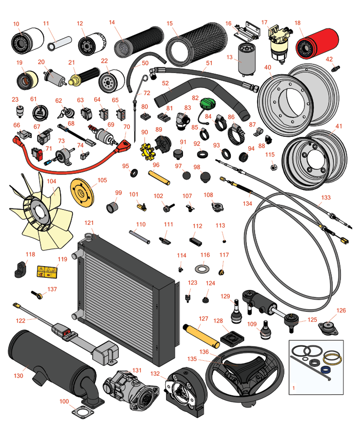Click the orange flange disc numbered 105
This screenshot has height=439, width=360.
click(x=83, y=190)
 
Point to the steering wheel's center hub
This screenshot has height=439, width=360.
click(x=242, y=370)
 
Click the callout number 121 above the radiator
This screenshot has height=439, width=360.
click(x=89, y=223)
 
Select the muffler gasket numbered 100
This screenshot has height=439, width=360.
click(x=81, y=412)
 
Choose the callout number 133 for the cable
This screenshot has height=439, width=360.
click(x=326, y=198)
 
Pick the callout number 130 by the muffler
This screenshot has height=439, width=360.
click(x=19, y=376)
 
